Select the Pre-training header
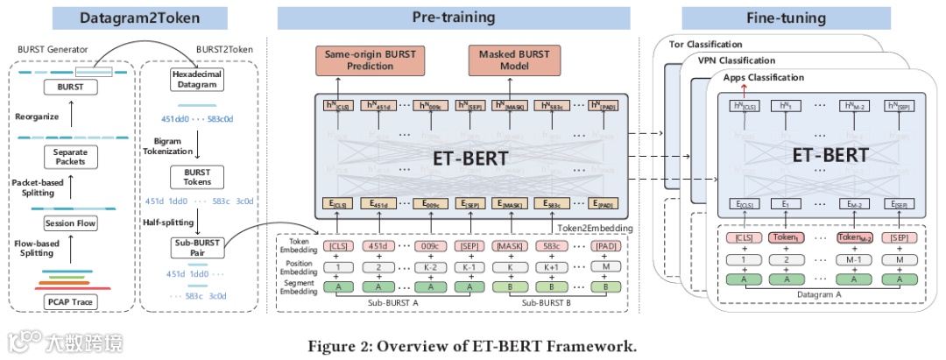[454, 17]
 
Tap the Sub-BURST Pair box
[194, 248]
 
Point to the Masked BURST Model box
[514, 60]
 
